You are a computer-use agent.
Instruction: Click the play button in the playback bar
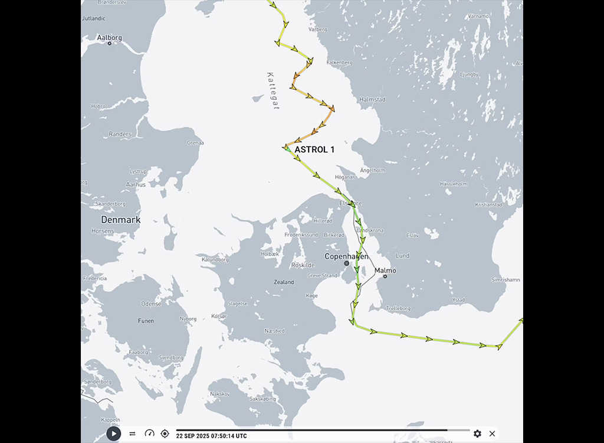point(114,434)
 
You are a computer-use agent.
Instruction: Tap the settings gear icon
point(477,434)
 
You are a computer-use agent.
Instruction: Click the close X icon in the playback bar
point(492,434)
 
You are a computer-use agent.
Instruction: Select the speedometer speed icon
point(149,434)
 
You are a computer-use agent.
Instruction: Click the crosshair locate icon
point(165,434)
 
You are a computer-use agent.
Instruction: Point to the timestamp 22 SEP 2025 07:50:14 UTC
point(211,436)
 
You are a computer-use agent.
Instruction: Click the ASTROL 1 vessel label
point(314,150)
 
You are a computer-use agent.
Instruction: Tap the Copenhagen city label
point(347,256)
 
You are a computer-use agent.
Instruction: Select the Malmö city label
point(386,271)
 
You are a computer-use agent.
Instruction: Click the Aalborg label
point(110,38)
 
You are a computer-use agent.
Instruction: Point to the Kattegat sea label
point(273,91)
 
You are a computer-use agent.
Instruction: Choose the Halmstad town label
point(372,100)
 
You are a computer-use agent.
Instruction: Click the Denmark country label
point(120,220)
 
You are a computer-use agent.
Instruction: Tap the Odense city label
point(151,304)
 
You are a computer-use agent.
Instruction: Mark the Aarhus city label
point(136,185)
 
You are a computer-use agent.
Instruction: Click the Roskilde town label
point(302,265)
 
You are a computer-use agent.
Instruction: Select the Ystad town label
point(458,299)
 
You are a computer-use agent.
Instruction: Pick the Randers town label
point(120,134)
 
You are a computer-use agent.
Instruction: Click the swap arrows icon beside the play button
point(132,434)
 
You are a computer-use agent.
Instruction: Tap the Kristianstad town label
point(488,205)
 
